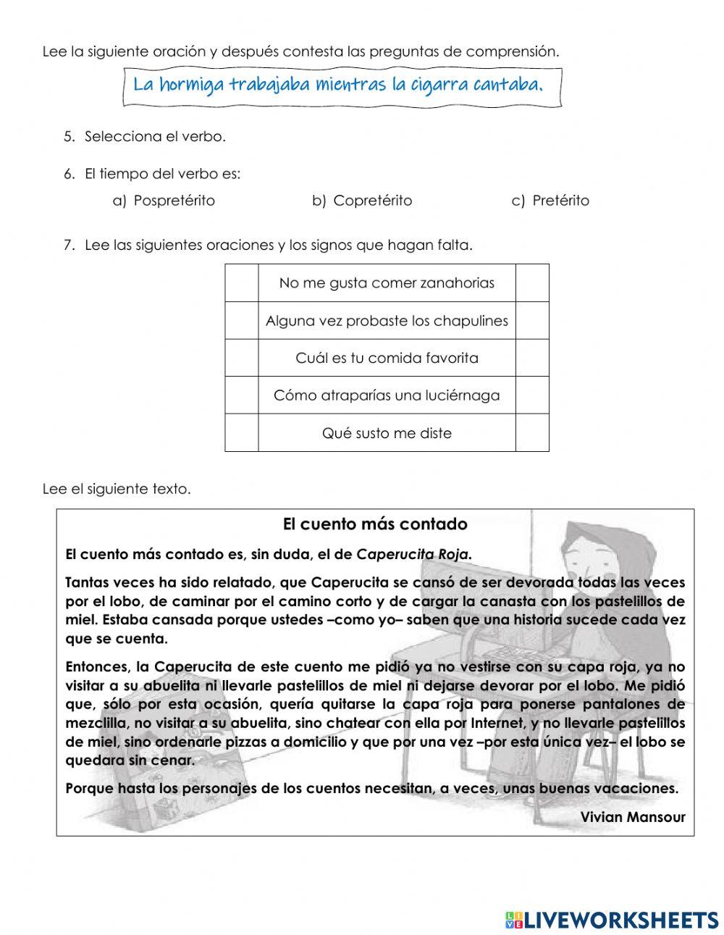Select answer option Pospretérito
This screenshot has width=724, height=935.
point(174,201)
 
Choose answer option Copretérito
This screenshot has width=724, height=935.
point(372,201)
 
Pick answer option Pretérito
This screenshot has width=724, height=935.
point(560,201)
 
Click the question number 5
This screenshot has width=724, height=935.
point(69,136)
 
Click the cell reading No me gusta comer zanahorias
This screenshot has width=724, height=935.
point(387,283)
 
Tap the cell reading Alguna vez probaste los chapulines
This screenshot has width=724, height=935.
point(387,321)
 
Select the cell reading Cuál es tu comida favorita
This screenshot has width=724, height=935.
point(387,358)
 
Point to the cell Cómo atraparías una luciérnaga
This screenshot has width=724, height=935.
point(387,395)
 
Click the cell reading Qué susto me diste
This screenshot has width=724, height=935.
point(387,433)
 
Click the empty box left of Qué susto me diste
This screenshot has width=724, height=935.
point(242,433)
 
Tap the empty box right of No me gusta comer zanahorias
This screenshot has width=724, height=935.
point(532,283)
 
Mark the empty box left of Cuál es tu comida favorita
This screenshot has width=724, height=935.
point(242,358)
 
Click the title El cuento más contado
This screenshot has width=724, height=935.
point(375,524)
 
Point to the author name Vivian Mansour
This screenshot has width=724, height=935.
point(633,816)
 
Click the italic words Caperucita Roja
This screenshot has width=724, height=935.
point(414,555)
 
